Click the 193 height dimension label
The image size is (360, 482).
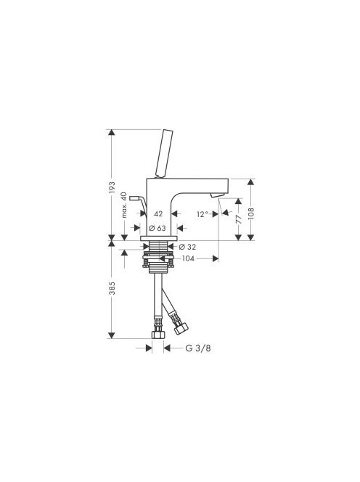click(x=112, y=187)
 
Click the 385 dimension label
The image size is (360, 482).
click(x=112, y=288)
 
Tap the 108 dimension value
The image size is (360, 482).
click(x=251, y=213)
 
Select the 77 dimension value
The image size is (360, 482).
click(x=239, y=219)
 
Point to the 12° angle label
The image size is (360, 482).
click(x=202, y=214)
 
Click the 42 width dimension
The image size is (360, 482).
click(x=158, y=213)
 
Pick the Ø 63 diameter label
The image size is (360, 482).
click(x=157, y=228)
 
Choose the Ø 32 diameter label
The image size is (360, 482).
click(x=187, y=247)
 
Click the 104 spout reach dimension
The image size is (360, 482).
click(x=188, y=259)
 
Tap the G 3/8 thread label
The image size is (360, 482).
click(x=198, y=348)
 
